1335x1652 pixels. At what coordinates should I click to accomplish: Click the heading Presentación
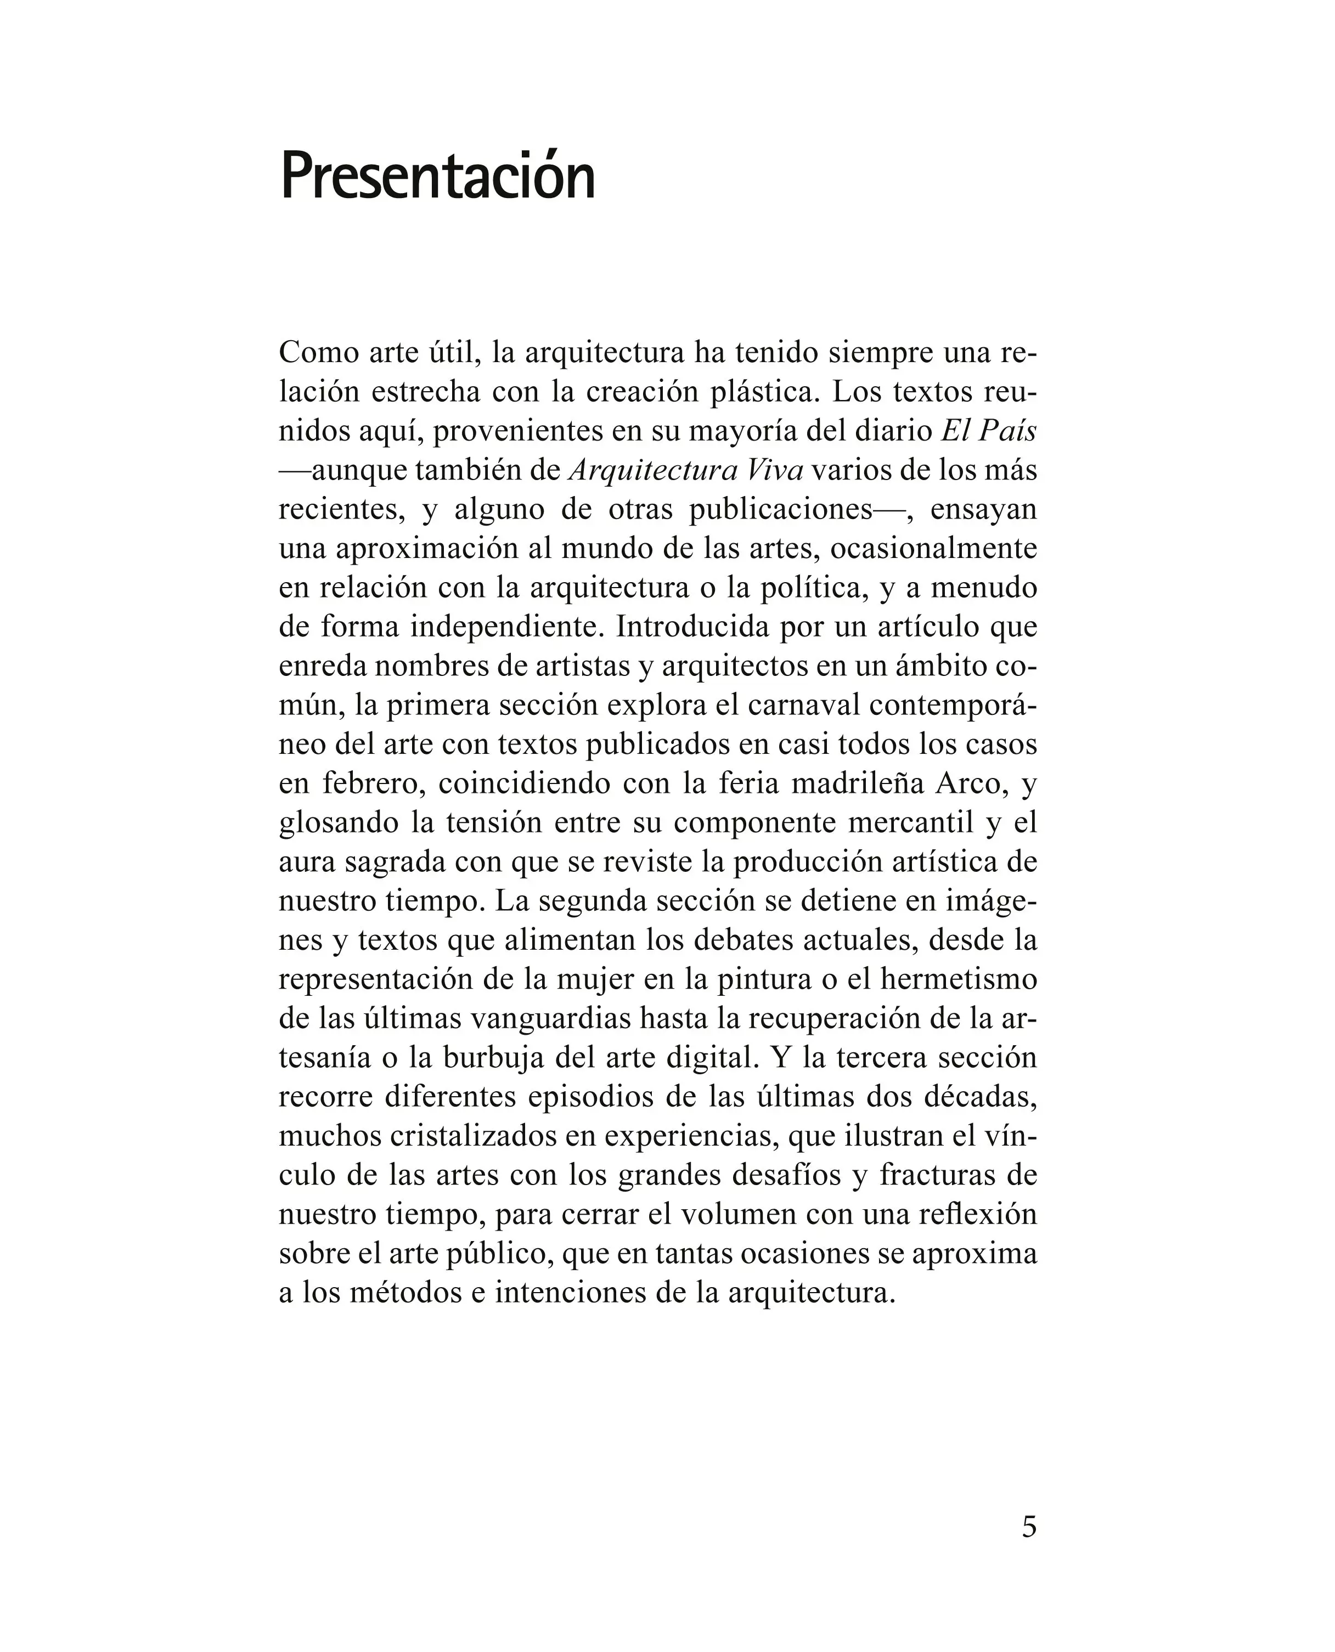coord(437,176)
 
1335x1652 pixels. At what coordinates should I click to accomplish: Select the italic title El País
coord(989,431)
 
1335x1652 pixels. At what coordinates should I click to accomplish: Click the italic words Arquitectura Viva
coord(686,470)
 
